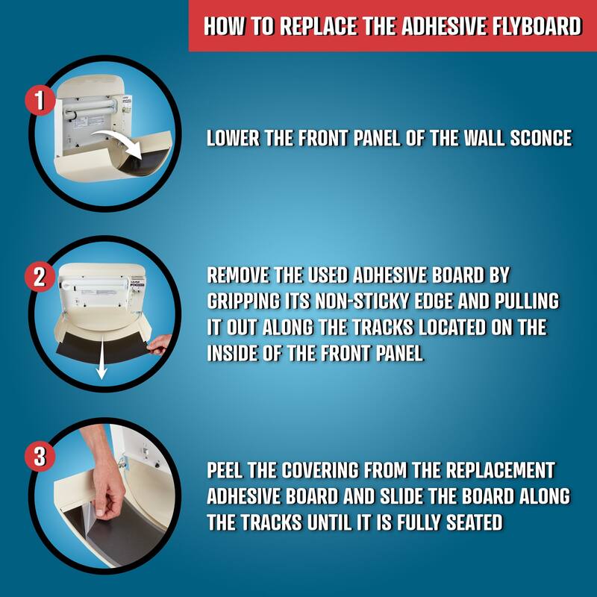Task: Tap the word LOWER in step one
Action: (x=232, y=138)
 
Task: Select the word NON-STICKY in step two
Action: (x=337, y=301)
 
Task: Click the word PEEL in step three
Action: (x=226, y=471)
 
